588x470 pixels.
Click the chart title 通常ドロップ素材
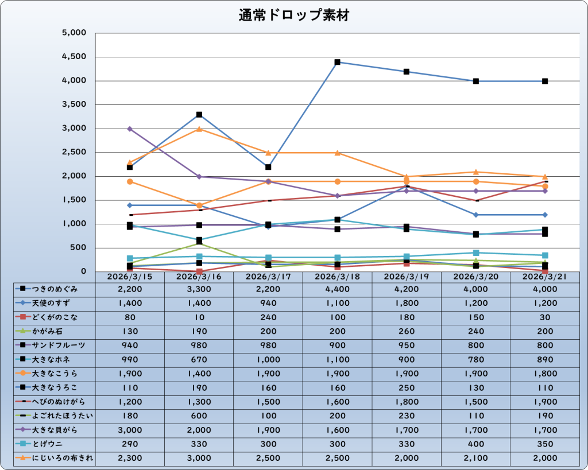pyautogui.click(x=293, y=15)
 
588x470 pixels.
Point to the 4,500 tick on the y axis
pyautogui.click(x=73, y=57)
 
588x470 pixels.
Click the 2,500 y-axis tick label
pyautogui.click(x=73, y=153)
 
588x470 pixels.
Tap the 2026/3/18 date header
pyautogui.click(x=337, y=276)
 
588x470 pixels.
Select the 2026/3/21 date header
pyautogui.click(x=544, y=276)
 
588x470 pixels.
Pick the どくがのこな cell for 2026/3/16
pyautogui.click(x=199, y=317)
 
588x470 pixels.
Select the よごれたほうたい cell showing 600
pyautogui.click(x=199, y=415)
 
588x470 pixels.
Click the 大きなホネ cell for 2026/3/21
pyautogui.click(x=544, y=359)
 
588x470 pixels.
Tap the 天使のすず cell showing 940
pyautogui.click(x=268, y=303)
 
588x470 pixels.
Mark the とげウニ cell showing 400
pyautogui.click(x=475, y=444)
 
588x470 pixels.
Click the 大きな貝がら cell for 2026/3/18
pyautogui.click(x=337, y=430)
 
